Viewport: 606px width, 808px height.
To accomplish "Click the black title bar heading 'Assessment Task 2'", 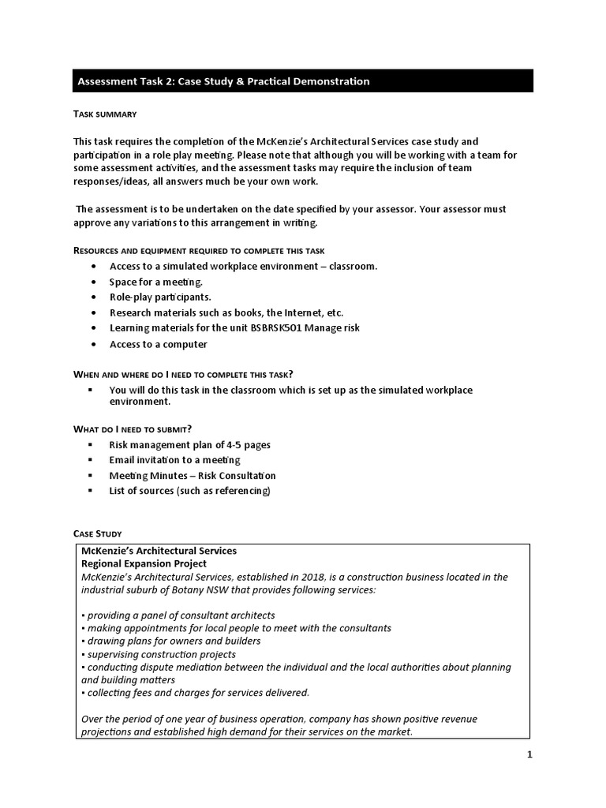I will click(223, 81).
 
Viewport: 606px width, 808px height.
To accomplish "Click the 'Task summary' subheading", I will click(105, 114).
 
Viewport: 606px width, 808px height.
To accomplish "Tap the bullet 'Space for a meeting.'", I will click(155, 282).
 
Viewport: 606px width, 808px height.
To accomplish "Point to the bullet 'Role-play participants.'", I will click(160, 297).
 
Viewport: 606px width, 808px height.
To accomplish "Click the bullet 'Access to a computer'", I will click(158, 344).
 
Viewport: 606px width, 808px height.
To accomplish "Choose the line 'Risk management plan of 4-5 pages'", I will click(189, 444).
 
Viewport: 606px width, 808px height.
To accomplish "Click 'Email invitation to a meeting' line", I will click(174, 459).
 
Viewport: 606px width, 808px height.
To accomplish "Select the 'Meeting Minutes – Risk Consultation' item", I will click(193, 475).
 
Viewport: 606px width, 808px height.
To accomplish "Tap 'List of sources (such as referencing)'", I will click(189, 491).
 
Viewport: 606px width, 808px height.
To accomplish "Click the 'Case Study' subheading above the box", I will click(98, 534).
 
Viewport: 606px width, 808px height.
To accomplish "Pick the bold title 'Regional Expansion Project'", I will click(144, 563).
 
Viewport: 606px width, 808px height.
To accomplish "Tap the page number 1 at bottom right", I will click(530, 754).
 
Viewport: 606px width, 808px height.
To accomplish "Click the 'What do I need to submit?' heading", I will click(133, 428).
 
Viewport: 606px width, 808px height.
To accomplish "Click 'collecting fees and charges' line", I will click(196, 693).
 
